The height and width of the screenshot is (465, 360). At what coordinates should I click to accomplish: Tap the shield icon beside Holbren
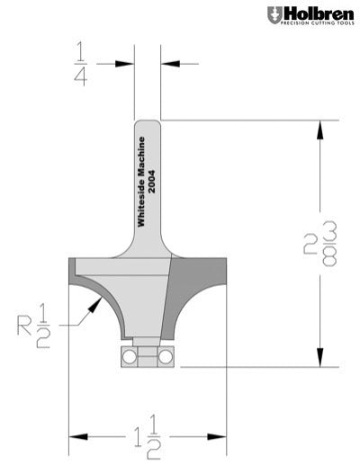[273, 15]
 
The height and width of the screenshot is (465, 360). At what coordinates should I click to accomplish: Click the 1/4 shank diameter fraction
[80, 64]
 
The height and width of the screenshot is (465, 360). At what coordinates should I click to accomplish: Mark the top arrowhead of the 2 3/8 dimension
[319, 129]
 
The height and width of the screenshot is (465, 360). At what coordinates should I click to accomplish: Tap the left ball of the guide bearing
[130, 356]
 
